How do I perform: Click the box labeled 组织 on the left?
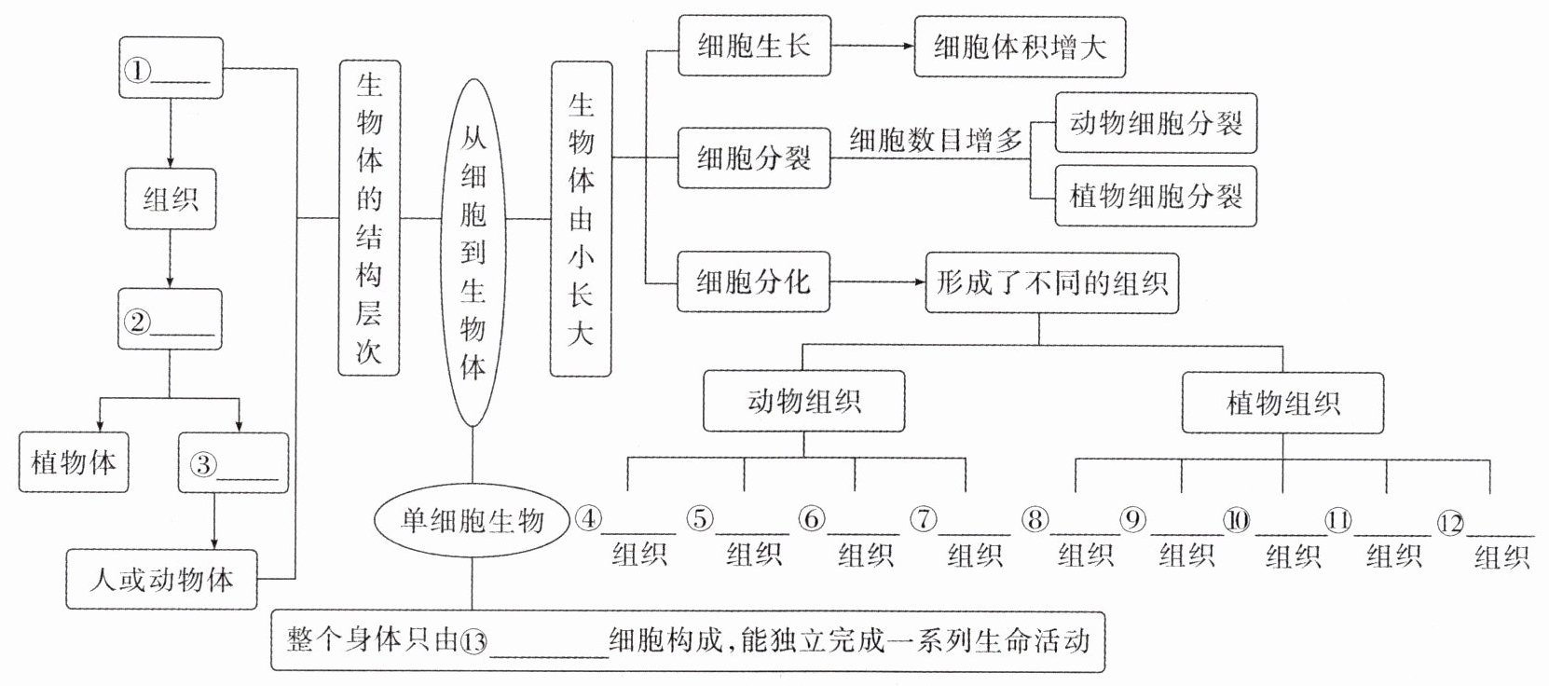171,199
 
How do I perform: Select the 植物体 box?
74,462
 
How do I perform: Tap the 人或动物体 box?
161,579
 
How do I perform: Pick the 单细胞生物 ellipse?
472,521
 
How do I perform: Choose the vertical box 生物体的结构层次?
369,218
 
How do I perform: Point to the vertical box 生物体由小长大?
581,218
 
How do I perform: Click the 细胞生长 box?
754,46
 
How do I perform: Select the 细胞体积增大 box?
1020,47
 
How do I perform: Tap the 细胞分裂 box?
754,158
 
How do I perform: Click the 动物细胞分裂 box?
1156,123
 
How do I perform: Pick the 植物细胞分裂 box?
1156,197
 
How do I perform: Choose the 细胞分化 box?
754,281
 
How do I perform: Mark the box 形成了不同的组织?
1051,282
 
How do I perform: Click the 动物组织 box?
803,402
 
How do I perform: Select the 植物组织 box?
1282,403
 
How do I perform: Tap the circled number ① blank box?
171,68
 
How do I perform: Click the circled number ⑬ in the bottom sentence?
474,642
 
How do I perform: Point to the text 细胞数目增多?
935,140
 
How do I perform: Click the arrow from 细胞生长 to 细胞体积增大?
871,46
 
